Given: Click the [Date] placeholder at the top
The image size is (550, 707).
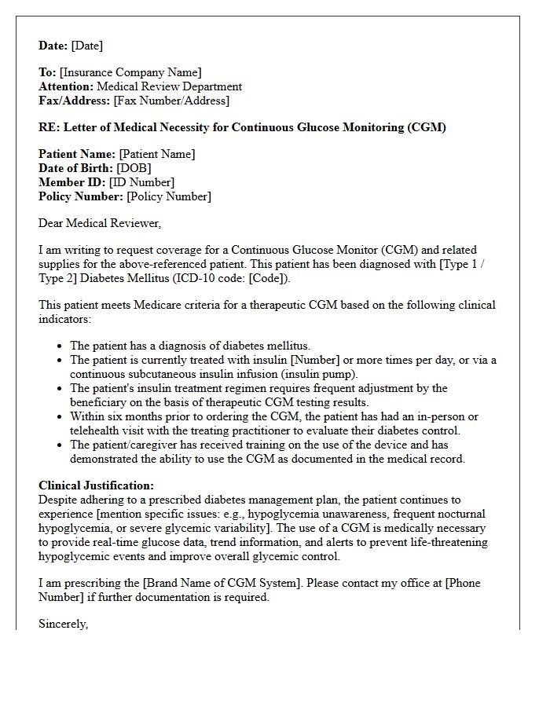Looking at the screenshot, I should point(86,46).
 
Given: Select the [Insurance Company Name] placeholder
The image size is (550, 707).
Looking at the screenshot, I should point(130,72).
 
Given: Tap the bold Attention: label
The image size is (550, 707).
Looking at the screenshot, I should point(66,86).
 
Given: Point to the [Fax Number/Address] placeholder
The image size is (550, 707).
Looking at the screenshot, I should point(171,101).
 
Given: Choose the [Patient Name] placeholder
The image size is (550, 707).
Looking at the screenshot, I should point(157,154).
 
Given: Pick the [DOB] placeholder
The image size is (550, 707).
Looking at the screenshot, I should point(134,168).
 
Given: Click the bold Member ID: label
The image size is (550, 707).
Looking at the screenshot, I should point(72,182).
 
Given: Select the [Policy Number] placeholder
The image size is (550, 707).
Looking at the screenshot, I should point(169,196).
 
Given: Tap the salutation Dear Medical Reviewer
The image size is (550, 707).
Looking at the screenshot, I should point(99,223).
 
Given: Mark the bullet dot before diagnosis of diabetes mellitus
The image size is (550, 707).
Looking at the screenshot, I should point(60,346).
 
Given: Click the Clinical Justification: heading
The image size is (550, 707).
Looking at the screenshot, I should point(96,485).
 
